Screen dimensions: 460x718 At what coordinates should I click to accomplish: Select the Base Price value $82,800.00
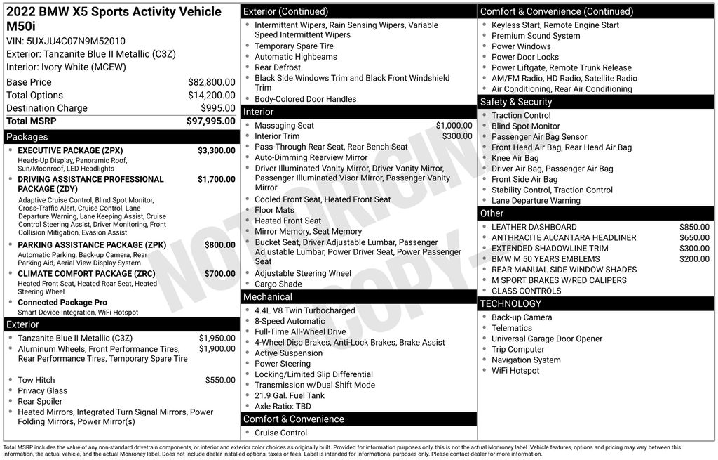point(211,82)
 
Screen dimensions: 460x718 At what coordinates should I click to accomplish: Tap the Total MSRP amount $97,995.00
point(210,121)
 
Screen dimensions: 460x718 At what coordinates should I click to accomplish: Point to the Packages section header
point(27,137)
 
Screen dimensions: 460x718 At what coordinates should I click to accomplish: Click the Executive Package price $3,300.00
point(216,151)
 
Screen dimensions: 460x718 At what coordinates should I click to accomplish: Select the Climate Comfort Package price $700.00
point(219,274)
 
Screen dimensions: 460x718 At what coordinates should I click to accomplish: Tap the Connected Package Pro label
point(62,303)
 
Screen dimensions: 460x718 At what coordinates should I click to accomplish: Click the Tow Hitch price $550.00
point(220,381)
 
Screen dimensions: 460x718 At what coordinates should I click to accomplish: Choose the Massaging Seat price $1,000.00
point(454,126)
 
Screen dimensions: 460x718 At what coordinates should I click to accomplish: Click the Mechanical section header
point(268,297)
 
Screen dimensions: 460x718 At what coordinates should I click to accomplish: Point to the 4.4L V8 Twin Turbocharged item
point(305,310)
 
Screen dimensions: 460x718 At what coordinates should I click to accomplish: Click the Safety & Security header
point(516,102)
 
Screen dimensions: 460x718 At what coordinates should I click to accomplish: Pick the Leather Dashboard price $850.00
point(694,228)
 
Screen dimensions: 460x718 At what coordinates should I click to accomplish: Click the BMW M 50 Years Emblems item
point(546,259)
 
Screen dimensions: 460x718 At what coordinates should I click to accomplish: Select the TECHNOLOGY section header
point(510,304)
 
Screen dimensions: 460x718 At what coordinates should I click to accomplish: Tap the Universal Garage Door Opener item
point(547,339)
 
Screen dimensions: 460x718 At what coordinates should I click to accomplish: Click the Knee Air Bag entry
point(515,158)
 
